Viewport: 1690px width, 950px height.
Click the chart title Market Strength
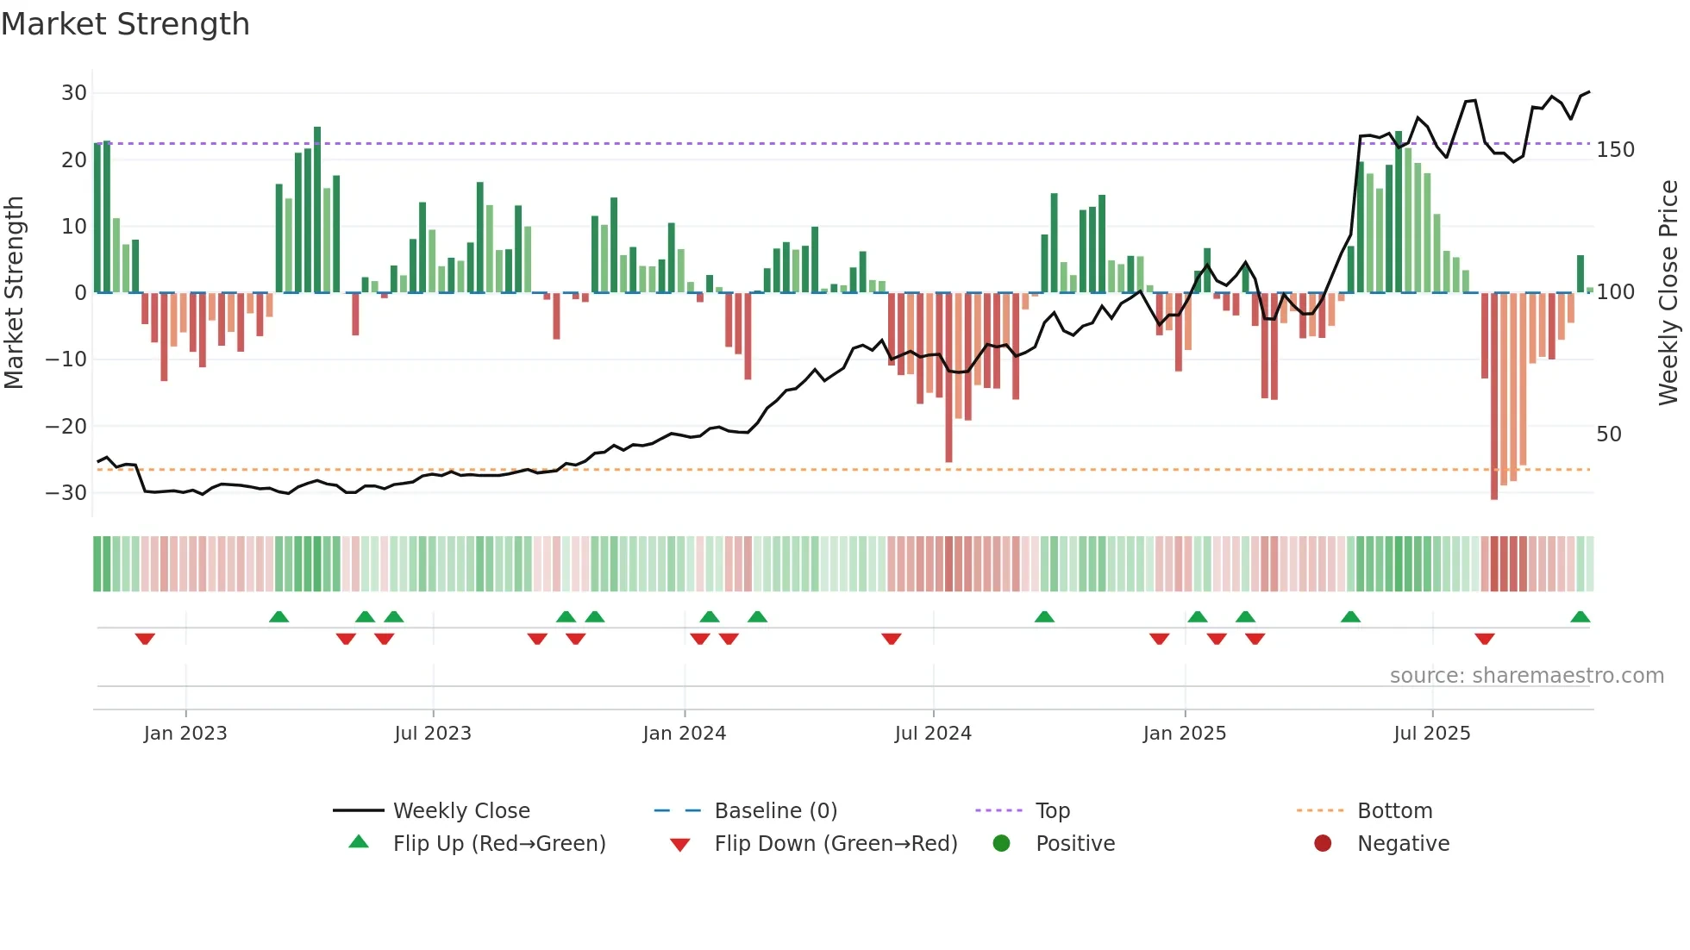point(125,24)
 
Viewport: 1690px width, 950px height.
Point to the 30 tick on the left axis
point(73,93)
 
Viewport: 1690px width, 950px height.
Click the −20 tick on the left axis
point(66,426)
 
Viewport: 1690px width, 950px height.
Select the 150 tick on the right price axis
point(1615,150)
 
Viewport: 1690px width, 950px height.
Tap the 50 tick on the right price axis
point(1608,434)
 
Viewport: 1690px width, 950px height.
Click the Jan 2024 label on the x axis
point(684,734)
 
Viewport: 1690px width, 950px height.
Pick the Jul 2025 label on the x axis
point(1431,734)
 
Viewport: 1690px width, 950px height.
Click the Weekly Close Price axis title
point(1668,293)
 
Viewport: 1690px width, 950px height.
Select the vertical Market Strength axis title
point(14,293)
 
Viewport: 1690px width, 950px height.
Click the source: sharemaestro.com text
point(1526,676)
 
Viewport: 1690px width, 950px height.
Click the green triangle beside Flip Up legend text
point(359,842)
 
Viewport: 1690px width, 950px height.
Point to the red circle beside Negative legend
point(1322,843)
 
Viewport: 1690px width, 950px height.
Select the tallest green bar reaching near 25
point(317,211)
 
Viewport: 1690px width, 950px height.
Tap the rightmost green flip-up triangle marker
point(1580,617)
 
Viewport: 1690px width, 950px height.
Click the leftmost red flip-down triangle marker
point(145,639)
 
